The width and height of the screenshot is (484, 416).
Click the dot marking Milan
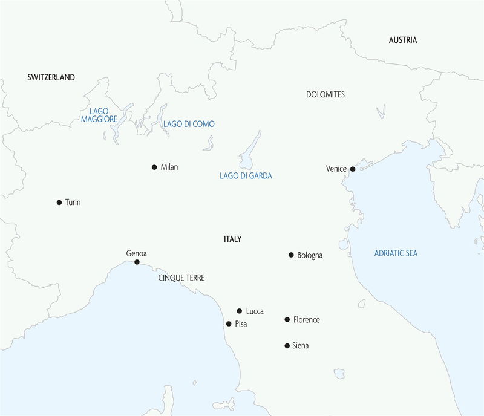click(x=154, y=167)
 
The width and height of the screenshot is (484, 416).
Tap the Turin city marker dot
click(x=59, y=203)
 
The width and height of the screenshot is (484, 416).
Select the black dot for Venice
click(x=353, y=169)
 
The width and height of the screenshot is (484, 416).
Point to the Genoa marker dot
click(x=137, y=262)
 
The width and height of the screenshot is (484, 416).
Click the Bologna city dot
click(x=291, y=255)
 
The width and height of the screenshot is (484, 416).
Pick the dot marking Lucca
click(x=240, y=311)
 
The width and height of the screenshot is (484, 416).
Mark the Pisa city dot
click(x=229, y=324)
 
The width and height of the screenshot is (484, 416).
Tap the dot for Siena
click(x=287, y=346)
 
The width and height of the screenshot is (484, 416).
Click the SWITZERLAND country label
click(x=51, y=77)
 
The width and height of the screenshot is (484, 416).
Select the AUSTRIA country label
click(x=403, y=41)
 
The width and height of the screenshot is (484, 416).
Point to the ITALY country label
click(x=232, y=239)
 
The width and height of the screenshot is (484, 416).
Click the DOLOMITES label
click(x=325, y=95)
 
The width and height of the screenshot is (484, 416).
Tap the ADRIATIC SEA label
click(x=396, y=253)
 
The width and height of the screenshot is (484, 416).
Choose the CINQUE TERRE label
click(x=181, y=278)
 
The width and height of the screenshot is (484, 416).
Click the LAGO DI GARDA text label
click(x=246, y=176)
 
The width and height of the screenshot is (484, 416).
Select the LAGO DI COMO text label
click(x=189, y=124)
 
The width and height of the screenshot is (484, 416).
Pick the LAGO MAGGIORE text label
click(x=99, y=115)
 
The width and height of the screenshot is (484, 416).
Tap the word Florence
click(x=306, y=320)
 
